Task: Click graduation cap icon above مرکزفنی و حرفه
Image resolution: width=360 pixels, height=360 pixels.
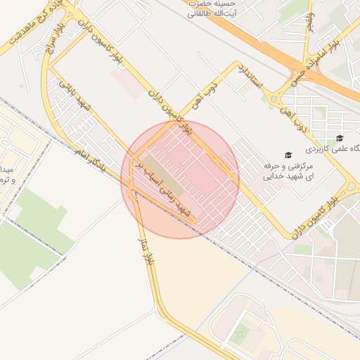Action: pos(287,155)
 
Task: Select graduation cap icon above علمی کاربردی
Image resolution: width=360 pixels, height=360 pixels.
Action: pos(340,139)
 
